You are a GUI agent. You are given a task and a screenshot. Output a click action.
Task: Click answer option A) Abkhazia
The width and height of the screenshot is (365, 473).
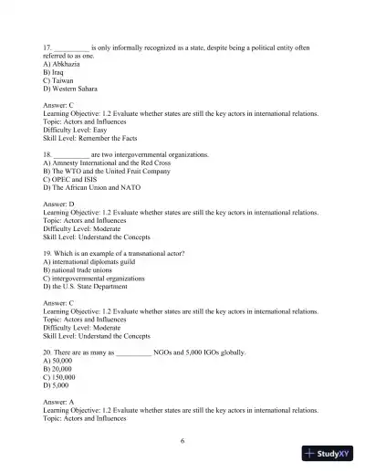(59, 65)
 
